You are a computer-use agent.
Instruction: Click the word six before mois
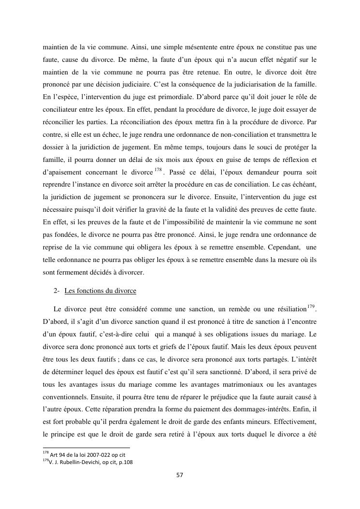[200, 160]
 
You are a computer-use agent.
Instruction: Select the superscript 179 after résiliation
[312, 305]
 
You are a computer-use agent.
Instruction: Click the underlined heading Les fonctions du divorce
[100, 291]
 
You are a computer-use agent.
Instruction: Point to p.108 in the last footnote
[124, 462]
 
